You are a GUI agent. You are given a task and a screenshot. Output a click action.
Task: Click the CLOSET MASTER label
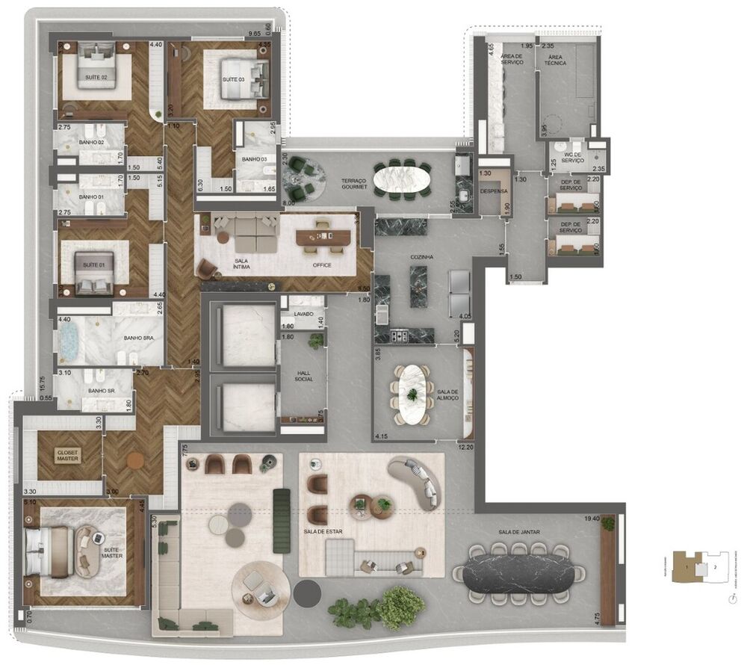pos(68,455)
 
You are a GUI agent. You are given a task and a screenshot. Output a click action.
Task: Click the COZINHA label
pos(421,256)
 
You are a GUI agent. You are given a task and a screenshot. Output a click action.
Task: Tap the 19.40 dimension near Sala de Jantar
pos(595,517)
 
